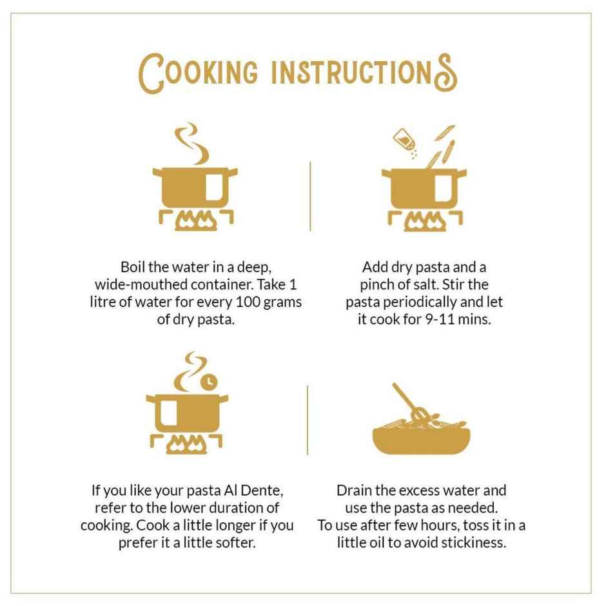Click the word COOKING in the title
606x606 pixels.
[198, 73]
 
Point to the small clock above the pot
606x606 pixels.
[209, 382]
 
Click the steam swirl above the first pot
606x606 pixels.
[191, 143]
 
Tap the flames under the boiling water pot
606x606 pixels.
[196, 222]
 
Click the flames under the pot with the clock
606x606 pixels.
[187, 444]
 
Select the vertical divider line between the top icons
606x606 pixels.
[310, 197]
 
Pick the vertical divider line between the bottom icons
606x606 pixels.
[308, 420]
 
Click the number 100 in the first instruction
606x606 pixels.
[248, 302]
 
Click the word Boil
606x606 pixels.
[133, 267]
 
